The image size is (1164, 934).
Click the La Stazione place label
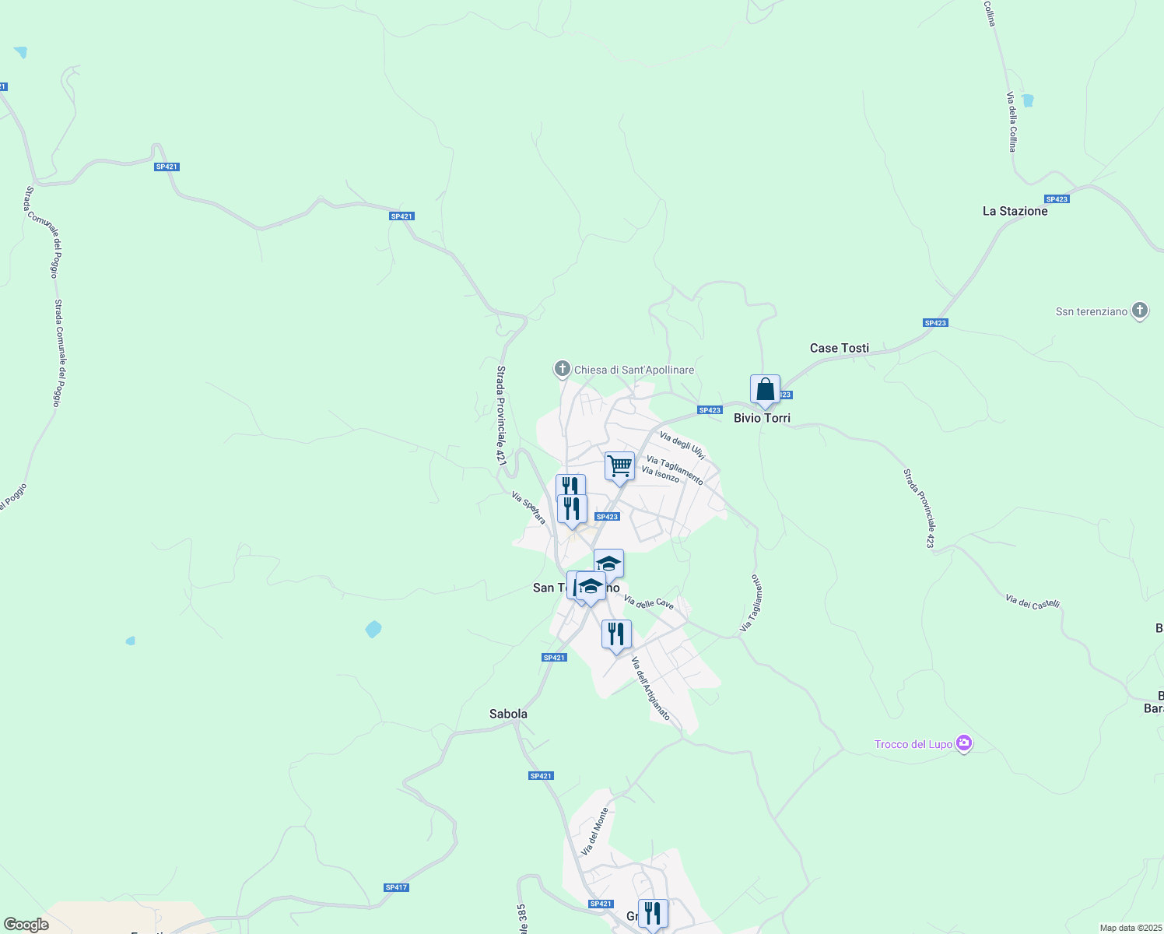click(x=1015, y=211)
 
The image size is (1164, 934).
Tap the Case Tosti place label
click(x=839, y=348)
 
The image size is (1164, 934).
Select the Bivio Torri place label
click(x=762, y=418)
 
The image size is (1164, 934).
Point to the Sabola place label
click(x=508, y=714)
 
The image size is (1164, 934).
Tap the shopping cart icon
click(x=619, y=467)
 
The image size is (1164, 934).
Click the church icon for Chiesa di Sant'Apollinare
click(x=562, y=369)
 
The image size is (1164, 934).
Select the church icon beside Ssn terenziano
click(x=1139, y=311)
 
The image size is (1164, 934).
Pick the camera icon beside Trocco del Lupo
click(x=964, y=744)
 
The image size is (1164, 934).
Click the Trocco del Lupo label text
click(x=913, y=745)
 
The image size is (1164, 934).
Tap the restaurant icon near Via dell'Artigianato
click(x=616, y=635)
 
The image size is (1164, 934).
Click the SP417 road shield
click(x=396, y=887)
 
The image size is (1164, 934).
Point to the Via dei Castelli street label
click(x=1033, y=602)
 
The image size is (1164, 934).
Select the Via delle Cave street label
click(x=648, y=602)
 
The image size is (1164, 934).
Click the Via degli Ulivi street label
click(x=682, y=445)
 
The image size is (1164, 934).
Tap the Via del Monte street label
click(x=594, y=832)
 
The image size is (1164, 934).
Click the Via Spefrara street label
click(x=529, y=507)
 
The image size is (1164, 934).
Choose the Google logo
click(x=26, y=925)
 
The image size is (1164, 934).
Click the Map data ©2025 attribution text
click(x=1130, y=928)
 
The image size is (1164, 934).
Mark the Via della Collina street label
click(x=1011, y=121)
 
